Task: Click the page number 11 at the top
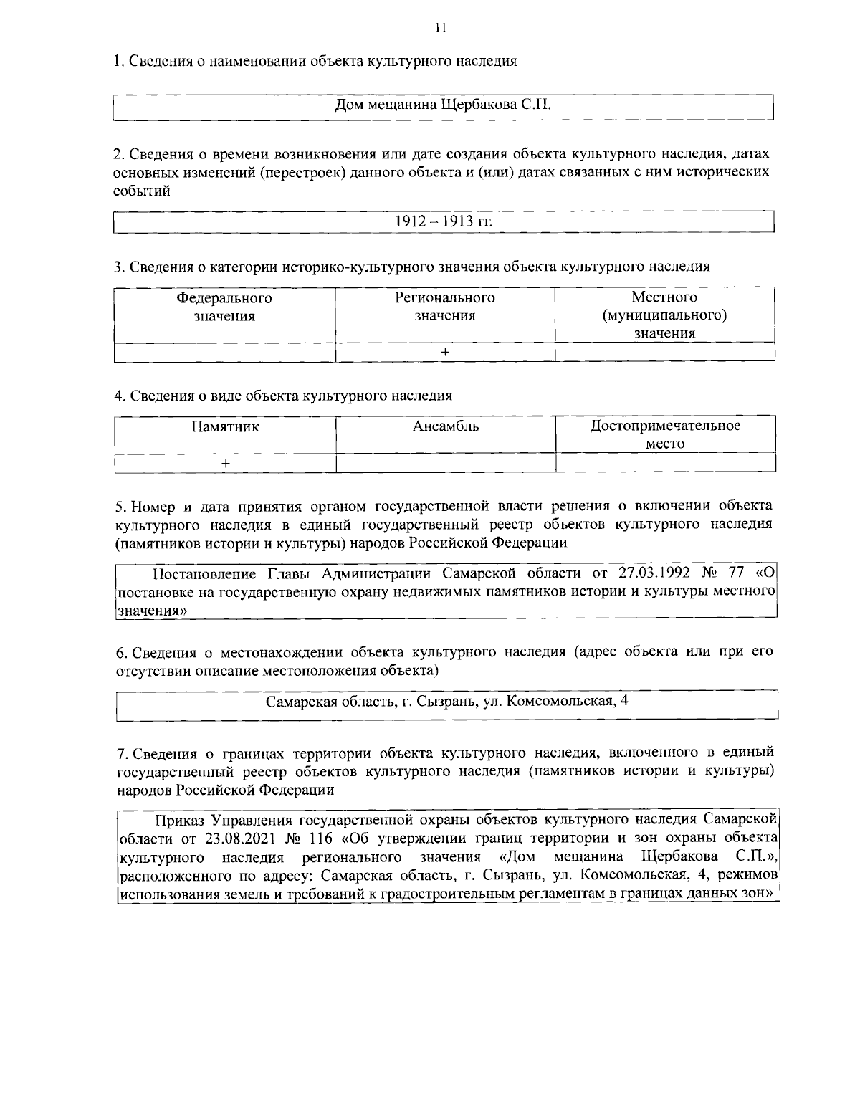[440, 28]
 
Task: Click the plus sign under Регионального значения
[445, 352]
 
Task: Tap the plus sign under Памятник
[225, 464]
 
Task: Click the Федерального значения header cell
[224, 307]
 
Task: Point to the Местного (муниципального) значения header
[664, 315]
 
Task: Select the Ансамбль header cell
[445, 427]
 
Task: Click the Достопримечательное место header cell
[664, 434]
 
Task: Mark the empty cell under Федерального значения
[224, 352]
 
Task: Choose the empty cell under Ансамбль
[445, 464]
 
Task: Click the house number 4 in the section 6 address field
[625, 700]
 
